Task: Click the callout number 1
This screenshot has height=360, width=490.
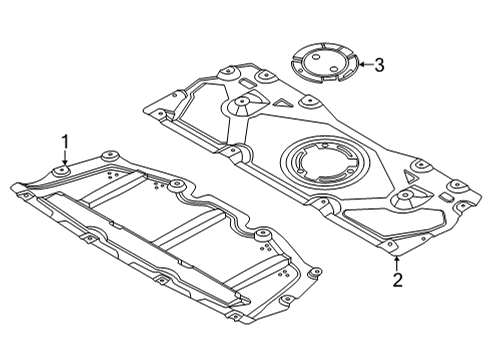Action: [x=66, y=142]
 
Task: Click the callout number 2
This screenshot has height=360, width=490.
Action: [x=397, y=280]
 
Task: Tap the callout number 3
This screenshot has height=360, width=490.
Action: [x=378, y=65]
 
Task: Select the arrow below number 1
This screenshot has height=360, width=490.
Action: [x=66, y=160]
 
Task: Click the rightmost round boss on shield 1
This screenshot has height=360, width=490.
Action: [x=264, y=235]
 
